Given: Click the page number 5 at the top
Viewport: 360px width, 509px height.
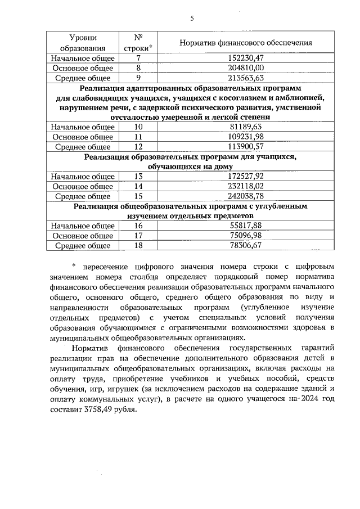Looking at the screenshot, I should pyautogui.click(x=192, y=19).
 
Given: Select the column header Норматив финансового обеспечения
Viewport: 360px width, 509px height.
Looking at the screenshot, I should pyautogui.click(x=245, y=43).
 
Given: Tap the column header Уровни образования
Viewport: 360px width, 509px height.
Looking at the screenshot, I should pyautogui.click(x=83, y=43).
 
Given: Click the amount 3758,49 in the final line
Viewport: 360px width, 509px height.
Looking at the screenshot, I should pyautogui.click(x=96, y=409).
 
